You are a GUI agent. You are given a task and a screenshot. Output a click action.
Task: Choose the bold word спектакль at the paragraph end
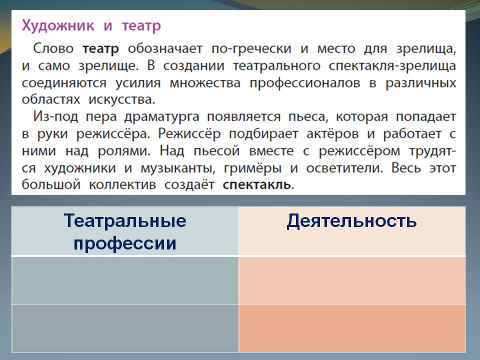pos(258,184)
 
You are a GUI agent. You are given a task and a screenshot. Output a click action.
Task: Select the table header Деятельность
pos(351,220)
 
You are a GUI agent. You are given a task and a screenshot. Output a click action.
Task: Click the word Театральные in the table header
pos(125,220)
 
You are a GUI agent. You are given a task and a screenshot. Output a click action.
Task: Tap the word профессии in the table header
pos(125,243)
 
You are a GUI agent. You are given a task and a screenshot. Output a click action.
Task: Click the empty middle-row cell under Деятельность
pos(351,280)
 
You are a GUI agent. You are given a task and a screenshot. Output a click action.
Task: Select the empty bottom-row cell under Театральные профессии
pos(125,327)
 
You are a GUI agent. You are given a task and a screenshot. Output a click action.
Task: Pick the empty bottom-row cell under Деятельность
pos(351,327)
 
